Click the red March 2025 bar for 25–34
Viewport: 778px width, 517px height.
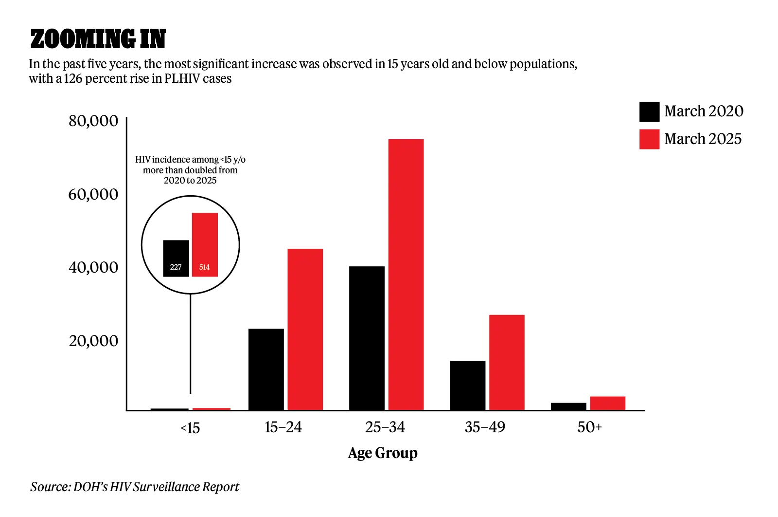click(x=406, y=275)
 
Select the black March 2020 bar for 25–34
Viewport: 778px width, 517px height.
click(x=367, y=338)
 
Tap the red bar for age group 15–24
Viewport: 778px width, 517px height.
click(x=305, y=329)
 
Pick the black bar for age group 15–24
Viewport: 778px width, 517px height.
click(x=266, y=369)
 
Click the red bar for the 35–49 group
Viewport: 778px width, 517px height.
click(x=507, y=362)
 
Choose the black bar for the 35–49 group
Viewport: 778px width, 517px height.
click(x=467, y=385)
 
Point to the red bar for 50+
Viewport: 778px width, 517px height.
click(x=607, y=403)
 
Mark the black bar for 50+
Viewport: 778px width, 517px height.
click(x=568, y=406)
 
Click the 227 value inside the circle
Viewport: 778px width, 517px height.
click(x=176, y=267)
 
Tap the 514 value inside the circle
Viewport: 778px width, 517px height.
click(x=204, y=267)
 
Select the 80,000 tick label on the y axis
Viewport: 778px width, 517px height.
click(x=93, y=121)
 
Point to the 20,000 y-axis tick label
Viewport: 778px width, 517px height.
click(x=93, y=341)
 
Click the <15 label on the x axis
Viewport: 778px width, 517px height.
click(x=190, y=428)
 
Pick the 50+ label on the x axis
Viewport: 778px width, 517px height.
click(x=589, y=427)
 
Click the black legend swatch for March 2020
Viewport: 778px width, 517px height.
click(x=649, y=111)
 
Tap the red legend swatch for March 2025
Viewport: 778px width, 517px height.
click(x=649, y=139)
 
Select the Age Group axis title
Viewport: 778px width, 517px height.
click(x=383, y=453)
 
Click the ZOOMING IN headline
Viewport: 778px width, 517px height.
click(x=98, y=39)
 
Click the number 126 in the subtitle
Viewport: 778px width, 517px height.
click(x=73, y=79)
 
